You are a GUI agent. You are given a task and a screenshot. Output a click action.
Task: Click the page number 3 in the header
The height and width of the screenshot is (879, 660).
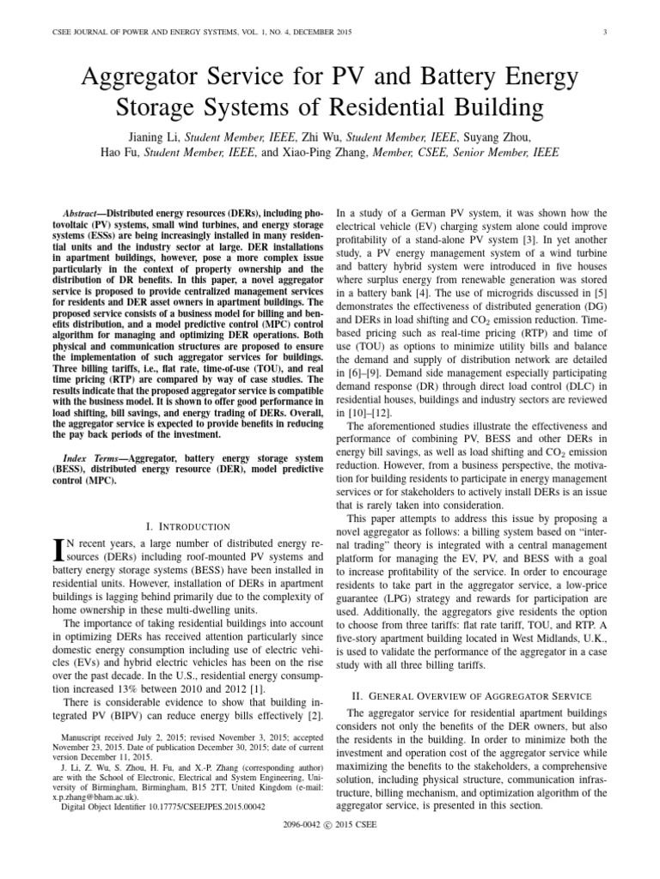point(606,33)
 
